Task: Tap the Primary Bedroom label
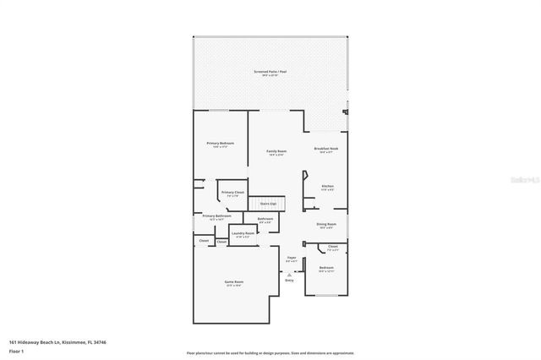tap(220, 144)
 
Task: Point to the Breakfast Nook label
tap(326, 148)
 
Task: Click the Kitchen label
tap(327, 186)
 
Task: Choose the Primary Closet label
tap(232, 193)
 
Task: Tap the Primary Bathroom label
tap(216, 216)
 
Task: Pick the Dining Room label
tap(325, 224)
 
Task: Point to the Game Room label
tap(233, 281)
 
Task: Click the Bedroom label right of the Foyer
tap(326, 269)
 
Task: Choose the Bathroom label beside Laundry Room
tap(265, 219)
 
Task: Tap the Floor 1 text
tap(14, 350)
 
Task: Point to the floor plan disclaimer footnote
tap(270, 353)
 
